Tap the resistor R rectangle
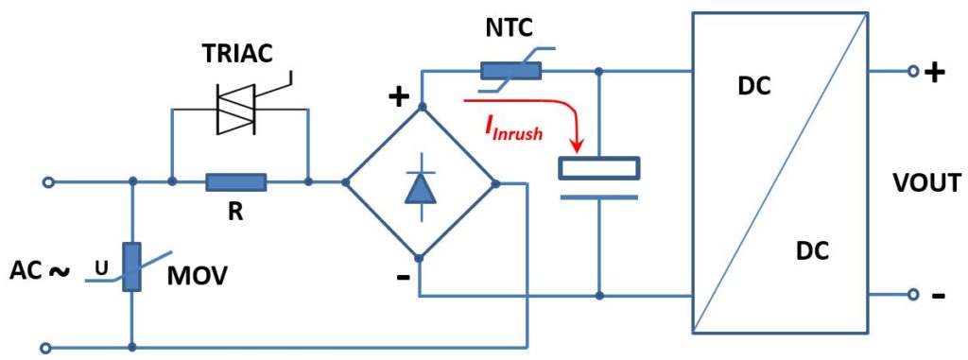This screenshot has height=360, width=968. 236,181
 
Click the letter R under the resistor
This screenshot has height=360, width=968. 235,213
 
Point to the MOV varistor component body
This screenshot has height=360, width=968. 132,267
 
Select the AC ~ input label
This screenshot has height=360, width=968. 40,270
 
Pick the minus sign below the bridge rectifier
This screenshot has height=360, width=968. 403,276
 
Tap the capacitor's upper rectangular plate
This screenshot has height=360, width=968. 599,168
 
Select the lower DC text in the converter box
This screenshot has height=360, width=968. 813,252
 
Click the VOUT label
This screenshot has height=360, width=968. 926,182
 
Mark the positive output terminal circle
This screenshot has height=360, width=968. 912,71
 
